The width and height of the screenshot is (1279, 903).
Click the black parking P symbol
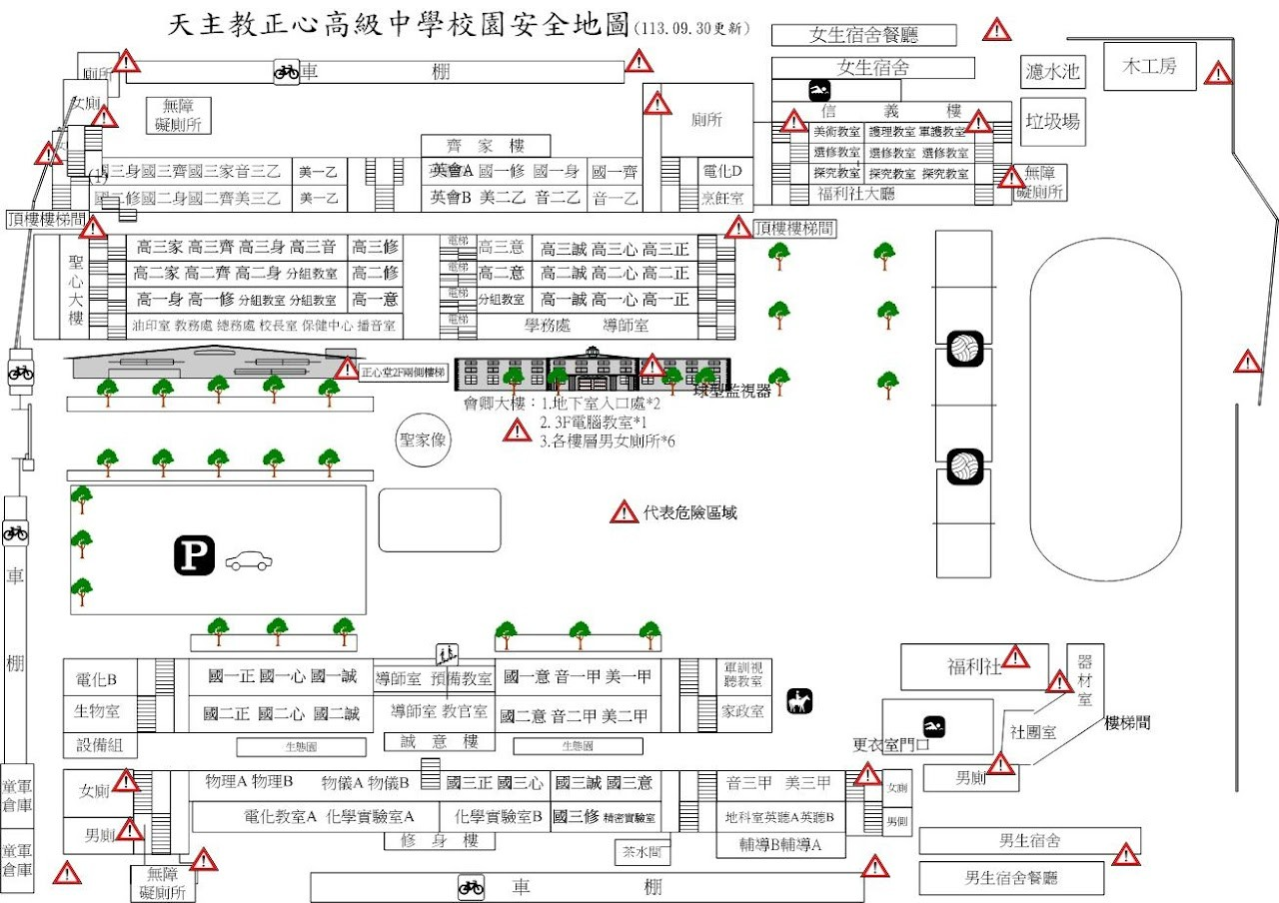195,555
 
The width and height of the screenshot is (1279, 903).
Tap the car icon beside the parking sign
247,561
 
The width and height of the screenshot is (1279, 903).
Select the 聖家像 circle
423,441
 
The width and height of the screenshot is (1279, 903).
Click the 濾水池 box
1053,71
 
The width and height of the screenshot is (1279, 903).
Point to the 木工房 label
1149,66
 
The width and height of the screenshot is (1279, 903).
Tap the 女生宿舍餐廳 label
863,35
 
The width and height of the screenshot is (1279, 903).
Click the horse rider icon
798,702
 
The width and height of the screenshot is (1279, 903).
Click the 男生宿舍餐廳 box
1010,878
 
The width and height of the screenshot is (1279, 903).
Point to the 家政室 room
743,711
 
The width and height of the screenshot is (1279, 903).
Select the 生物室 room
97,711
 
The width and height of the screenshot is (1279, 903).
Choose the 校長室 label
279,325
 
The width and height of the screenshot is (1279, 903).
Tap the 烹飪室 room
728,199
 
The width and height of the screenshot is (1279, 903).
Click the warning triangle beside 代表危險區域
624,512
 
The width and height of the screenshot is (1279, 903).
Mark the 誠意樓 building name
440,741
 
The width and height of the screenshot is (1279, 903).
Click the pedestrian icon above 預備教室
447,655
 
